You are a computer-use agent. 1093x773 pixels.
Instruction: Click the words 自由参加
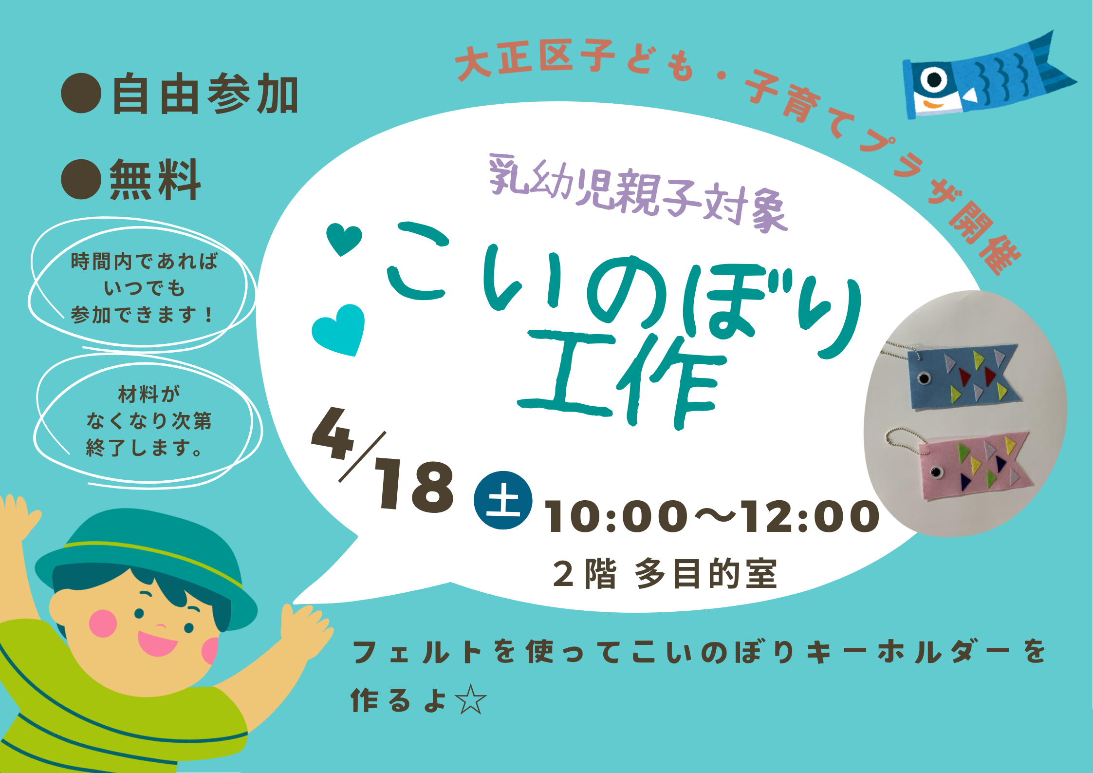[205, 94]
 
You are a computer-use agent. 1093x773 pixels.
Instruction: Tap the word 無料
[155, 179]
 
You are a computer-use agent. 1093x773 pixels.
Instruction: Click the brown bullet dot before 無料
[81, 179]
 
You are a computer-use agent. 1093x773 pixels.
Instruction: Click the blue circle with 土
[503, 500]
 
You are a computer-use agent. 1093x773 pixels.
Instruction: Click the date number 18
[414, 486]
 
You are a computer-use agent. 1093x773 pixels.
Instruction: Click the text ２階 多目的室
[665, 574]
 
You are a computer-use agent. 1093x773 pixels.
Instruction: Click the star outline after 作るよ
[470, 699]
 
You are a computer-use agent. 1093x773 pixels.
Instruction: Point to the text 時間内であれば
[144, 262]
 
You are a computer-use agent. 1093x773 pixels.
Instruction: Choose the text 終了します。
[144, 448]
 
